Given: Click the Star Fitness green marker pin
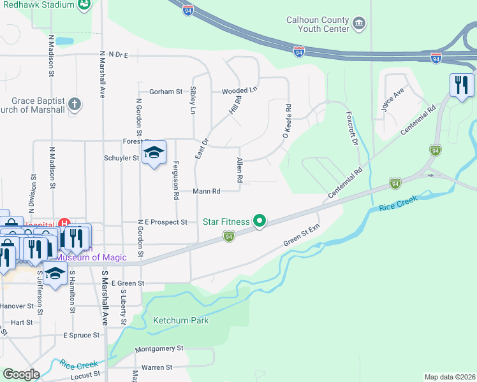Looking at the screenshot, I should pyautogui.click(x=260, y=222).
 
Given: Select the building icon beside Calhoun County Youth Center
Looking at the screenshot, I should pyautogui.click(x=359, y=24).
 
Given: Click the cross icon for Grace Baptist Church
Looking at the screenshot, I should pyautogui.click(x=75, y=103).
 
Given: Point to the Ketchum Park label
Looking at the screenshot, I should pyautogui.click(x=180, y=320).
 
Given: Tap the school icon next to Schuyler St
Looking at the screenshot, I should pyautogui.click(x=154, y=153).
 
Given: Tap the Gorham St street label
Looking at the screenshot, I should pyautogui.click(x=166, y=92).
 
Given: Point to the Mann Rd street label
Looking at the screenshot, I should pyautogui.click(x=207, y=191).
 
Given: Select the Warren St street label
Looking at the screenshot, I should pyautogui.click(x=156, y=367).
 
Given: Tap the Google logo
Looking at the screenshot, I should pyautogui.click(x=20, y=374).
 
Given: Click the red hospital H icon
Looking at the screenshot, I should pyautogui.click(x=63, y=223).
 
